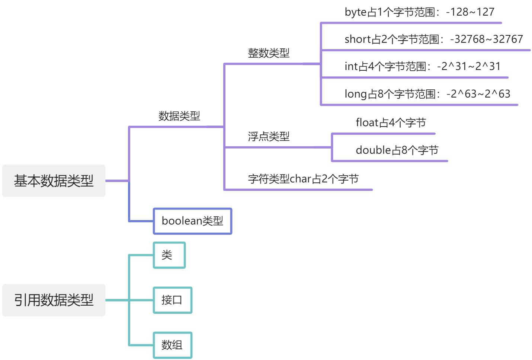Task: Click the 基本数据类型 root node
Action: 54,181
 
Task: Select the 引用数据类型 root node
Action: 54,300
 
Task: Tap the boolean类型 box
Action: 192,221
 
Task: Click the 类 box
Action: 169,255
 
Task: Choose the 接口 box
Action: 172,300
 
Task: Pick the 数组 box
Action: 172,345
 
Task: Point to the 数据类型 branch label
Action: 179,116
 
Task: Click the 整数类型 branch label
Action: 269,53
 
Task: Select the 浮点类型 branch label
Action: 269,137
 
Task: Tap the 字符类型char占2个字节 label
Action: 303,179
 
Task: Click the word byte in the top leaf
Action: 355,12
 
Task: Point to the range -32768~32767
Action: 486,39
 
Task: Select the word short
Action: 358,39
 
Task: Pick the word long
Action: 356,94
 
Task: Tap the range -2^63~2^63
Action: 478,94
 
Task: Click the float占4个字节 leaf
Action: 391,122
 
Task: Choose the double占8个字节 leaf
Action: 397,150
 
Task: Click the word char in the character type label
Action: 300,179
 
